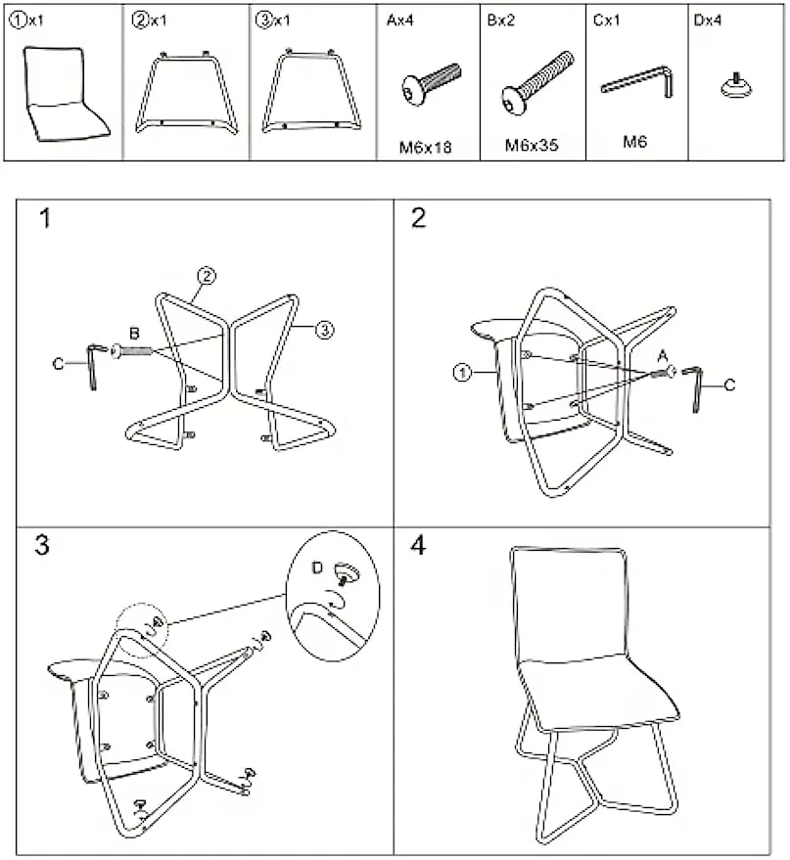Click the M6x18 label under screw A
(x=425, y=148)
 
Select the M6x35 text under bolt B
(x=531, y=146)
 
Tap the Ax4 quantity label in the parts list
(x=400, y=21)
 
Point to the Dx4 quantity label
(x=707, y=21)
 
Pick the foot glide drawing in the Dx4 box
(x=736, y=86)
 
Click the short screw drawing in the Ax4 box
(x=431, y=83)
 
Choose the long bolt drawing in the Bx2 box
(x=537, y=83)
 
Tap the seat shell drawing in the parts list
(x=65, y=94)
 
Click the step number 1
(x=45, y=218)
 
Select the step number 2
(x=418, y=218)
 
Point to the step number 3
(x=42, y=545)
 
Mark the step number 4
(x=418, y=545)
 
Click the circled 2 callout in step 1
(x=207, y=275)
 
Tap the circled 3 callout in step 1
(x=324, y=330)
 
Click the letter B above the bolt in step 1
(x=134, y=333)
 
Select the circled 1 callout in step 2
(x=462, y=373)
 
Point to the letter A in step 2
(x=663, y=356)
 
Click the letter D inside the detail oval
(x=317, y=567)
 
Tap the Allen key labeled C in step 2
(x=693, y=388)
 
